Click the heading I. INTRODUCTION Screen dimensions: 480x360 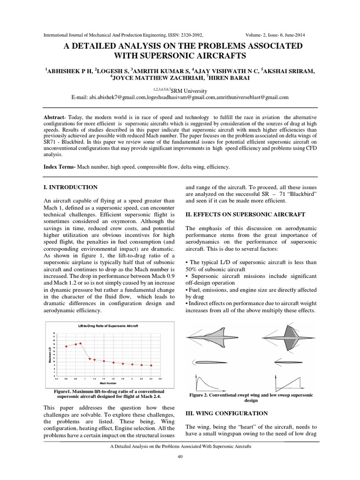tap(70, 187)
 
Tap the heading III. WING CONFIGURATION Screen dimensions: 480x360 tap(227, 413)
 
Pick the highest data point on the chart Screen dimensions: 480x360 tap(81, 343)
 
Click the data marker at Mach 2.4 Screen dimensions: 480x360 tap(151, 365)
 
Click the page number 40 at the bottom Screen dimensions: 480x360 tap(180, 457)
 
